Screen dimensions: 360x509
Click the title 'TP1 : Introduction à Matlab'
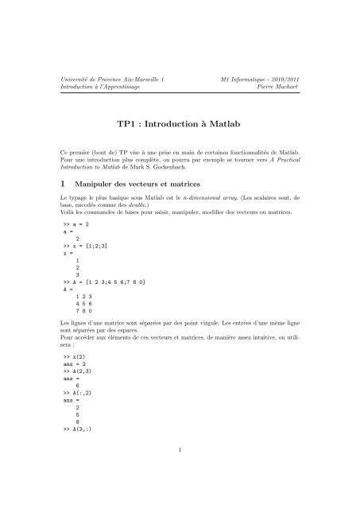[x=179, y=125]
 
